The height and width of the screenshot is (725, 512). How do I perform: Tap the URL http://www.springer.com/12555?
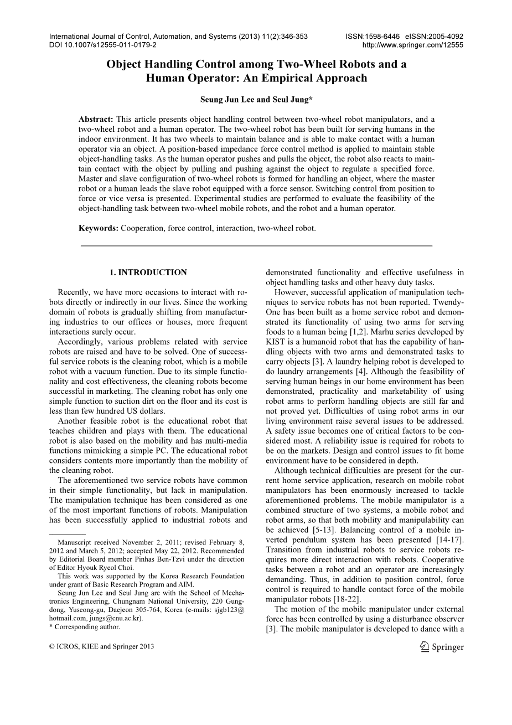412,45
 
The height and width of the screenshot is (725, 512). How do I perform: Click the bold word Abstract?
96,119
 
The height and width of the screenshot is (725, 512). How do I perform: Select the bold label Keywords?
99,228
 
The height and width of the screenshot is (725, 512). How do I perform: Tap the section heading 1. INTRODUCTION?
148,272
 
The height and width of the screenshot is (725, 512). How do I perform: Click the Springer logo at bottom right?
442,646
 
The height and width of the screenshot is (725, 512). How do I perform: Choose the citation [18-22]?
342,600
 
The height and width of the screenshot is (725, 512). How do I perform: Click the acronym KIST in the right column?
276,342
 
